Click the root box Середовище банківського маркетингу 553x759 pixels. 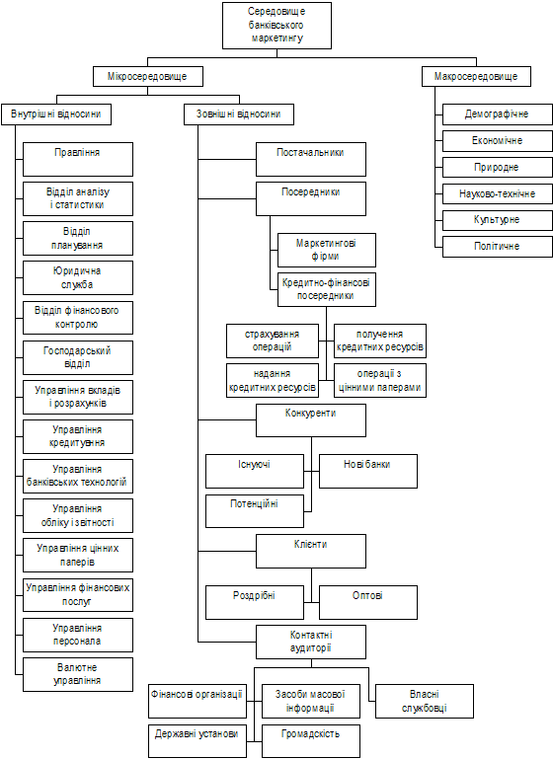click(276, 26)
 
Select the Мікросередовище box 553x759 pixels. click(148, 76)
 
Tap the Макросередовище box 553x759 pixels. click(476, 76)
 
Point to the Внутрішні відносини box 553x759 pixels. click(56, 114)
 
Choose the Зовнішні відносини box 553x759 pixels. click(239, 114)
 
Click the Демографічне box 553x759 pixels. click(498, 114)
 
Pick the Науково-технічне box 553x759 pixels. click(498, 194)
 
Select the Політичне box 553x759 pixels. click(498, 247)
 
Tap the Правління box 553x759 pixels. click(78, 159)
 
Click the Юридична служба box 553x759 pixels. click(78, 278)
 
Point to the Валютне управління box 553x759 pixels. click(78, 674)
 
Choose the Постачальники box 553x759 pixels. click(311, 159)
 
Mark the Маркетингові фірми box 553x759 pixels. click(327, 250)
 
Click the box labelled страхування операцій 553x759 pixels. click(273, 342)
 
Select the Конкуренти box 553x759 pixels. click(311, 420)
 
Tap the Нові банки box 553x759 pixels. click(368, 471)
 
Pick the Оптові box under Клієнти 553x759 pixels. click(368, 602)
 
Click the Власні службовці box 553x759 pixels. click(425, 701)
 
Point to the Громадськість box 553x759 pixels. click(311, 741)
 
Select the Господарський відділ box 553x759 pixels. click(78, 357)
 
